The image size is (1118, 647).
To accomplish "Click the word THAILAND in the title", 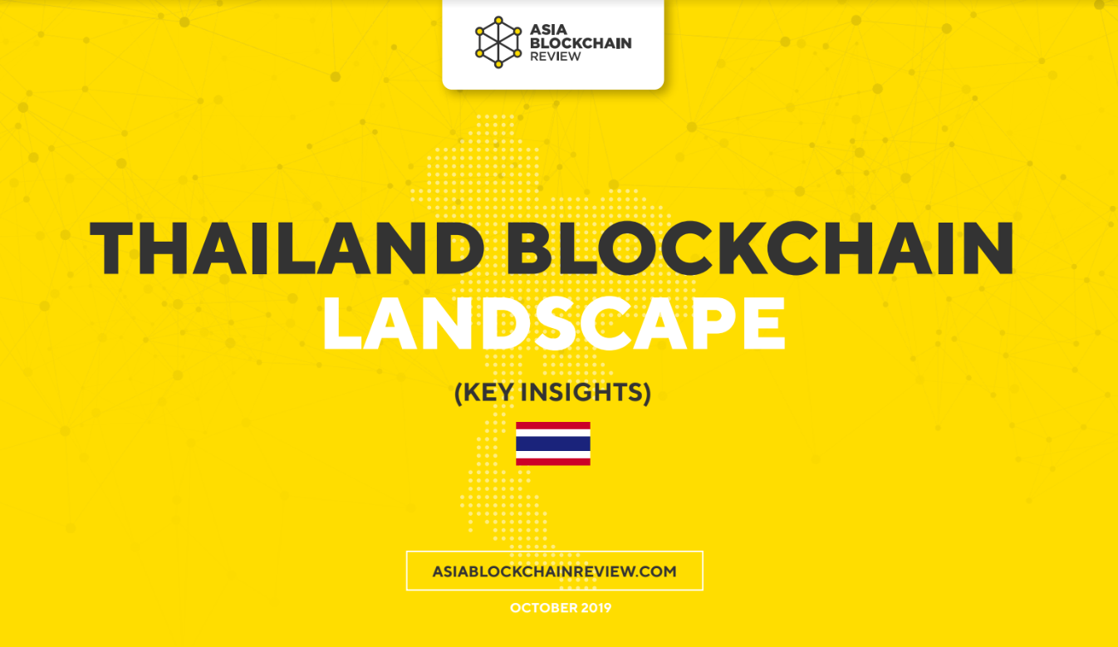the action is pos(287,248).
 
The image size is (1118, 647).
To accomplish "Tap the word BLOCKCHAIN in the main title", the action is pos(760,248).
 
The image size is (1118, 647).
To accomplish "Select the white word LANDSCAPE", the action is pos(554,324).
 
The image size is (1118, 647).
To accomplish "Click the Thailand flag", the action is pos(553,444).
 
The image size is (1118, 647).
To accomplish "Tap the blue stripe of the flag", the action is pos(553,444).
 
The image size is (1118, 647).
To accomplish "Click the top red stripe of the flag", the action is pos(553,425).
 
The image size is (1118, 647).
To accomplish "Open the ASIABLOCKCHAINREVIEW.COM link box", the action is pos(555,571).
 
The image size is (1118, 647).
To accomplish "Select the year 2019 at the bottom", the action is pos(596,608).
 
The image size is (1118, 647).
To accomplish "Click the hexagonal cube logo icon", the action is pos(498,42).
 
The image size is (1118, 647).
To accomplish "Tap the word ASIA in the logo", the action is pos(548,30).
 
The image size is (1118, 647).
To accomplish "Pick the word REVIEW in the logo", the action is pos(555,56).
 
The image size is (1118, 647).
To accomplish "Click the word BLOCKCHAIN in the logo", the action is pos(581,43).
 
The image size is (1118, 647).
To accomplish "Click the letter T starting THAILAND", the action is pos(111,248).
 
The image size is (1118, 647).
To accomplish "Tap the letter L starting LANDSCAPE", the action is pos(342,324).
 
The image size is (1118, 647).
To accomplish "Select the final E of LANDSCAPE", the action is pos(765,324).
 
